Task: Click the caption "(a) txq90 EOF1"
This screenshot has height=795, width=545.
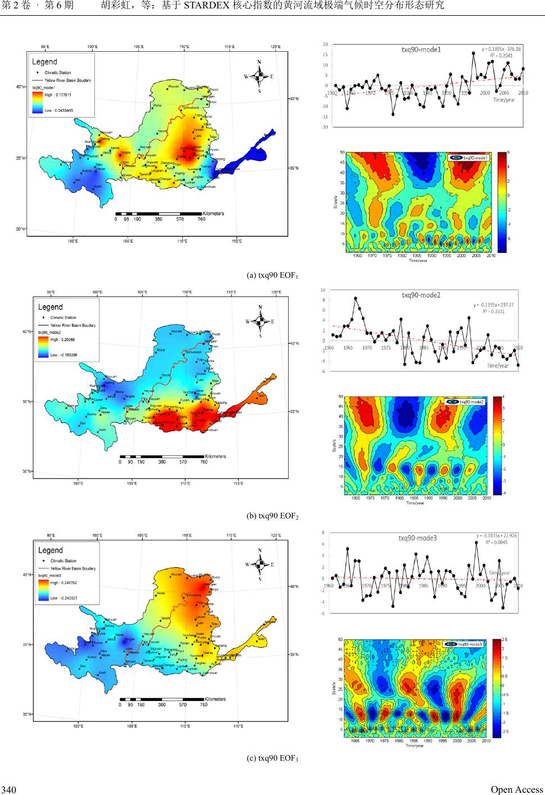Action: [272, 275]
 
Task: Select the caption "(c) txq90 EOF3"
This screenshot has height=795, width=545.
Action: [272, 759]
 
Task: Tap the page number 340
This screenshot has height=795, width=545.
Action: [8, 790]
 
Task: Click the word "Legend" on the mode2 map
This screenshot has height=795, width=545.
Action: [51, 307]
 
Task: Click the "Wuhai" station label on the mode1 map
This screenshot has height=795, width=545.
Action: [157, 105]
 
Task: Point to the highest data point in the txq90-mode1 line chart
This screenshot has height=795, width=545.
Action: [474, 53]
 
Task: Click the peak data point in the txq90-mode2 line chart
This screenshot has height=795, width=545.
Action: [355, 299]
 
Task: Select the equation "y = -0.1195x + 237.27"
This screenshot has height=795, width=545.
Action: [493, 305]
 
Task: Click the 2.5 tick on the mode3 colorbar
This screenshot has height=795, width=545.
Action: [504, 640]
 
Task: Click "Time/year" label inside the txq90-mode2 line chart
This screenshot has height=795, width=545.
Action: [497, 366]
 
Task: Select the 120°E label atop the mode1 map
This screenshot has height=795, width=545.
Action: [275, 47]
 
